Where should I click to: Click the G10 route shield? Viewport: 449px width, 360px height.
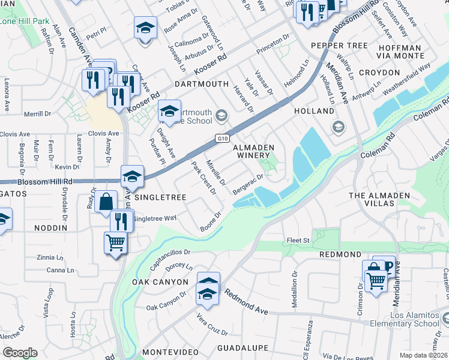pyautogui.click(x=223, y=139)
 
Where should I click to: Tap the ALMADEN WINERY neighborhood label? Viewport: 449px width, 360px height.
pyautogui.click(x=253, y=152)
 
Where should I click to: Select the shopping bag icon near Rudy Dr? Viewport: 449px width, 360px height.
pyautogui.click(x=106, y=202)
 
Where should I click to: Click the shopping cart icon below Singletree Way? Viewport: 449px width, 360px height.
pyautogui.click(x=115, y=243)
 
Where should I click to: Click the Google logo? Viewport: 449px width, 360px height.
pyautogui.click(x=20, y=352)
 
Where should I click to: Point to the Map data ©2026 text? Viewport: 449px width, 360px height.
pyautogui.click(x=423, y=355)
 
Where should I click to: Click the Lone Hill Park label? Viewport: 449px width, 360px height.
pyautogui.click(x=25, y=21)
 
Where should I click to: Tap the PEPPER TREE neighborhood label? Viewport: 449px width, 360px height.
pyautogui.click(x=339, y=46)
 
